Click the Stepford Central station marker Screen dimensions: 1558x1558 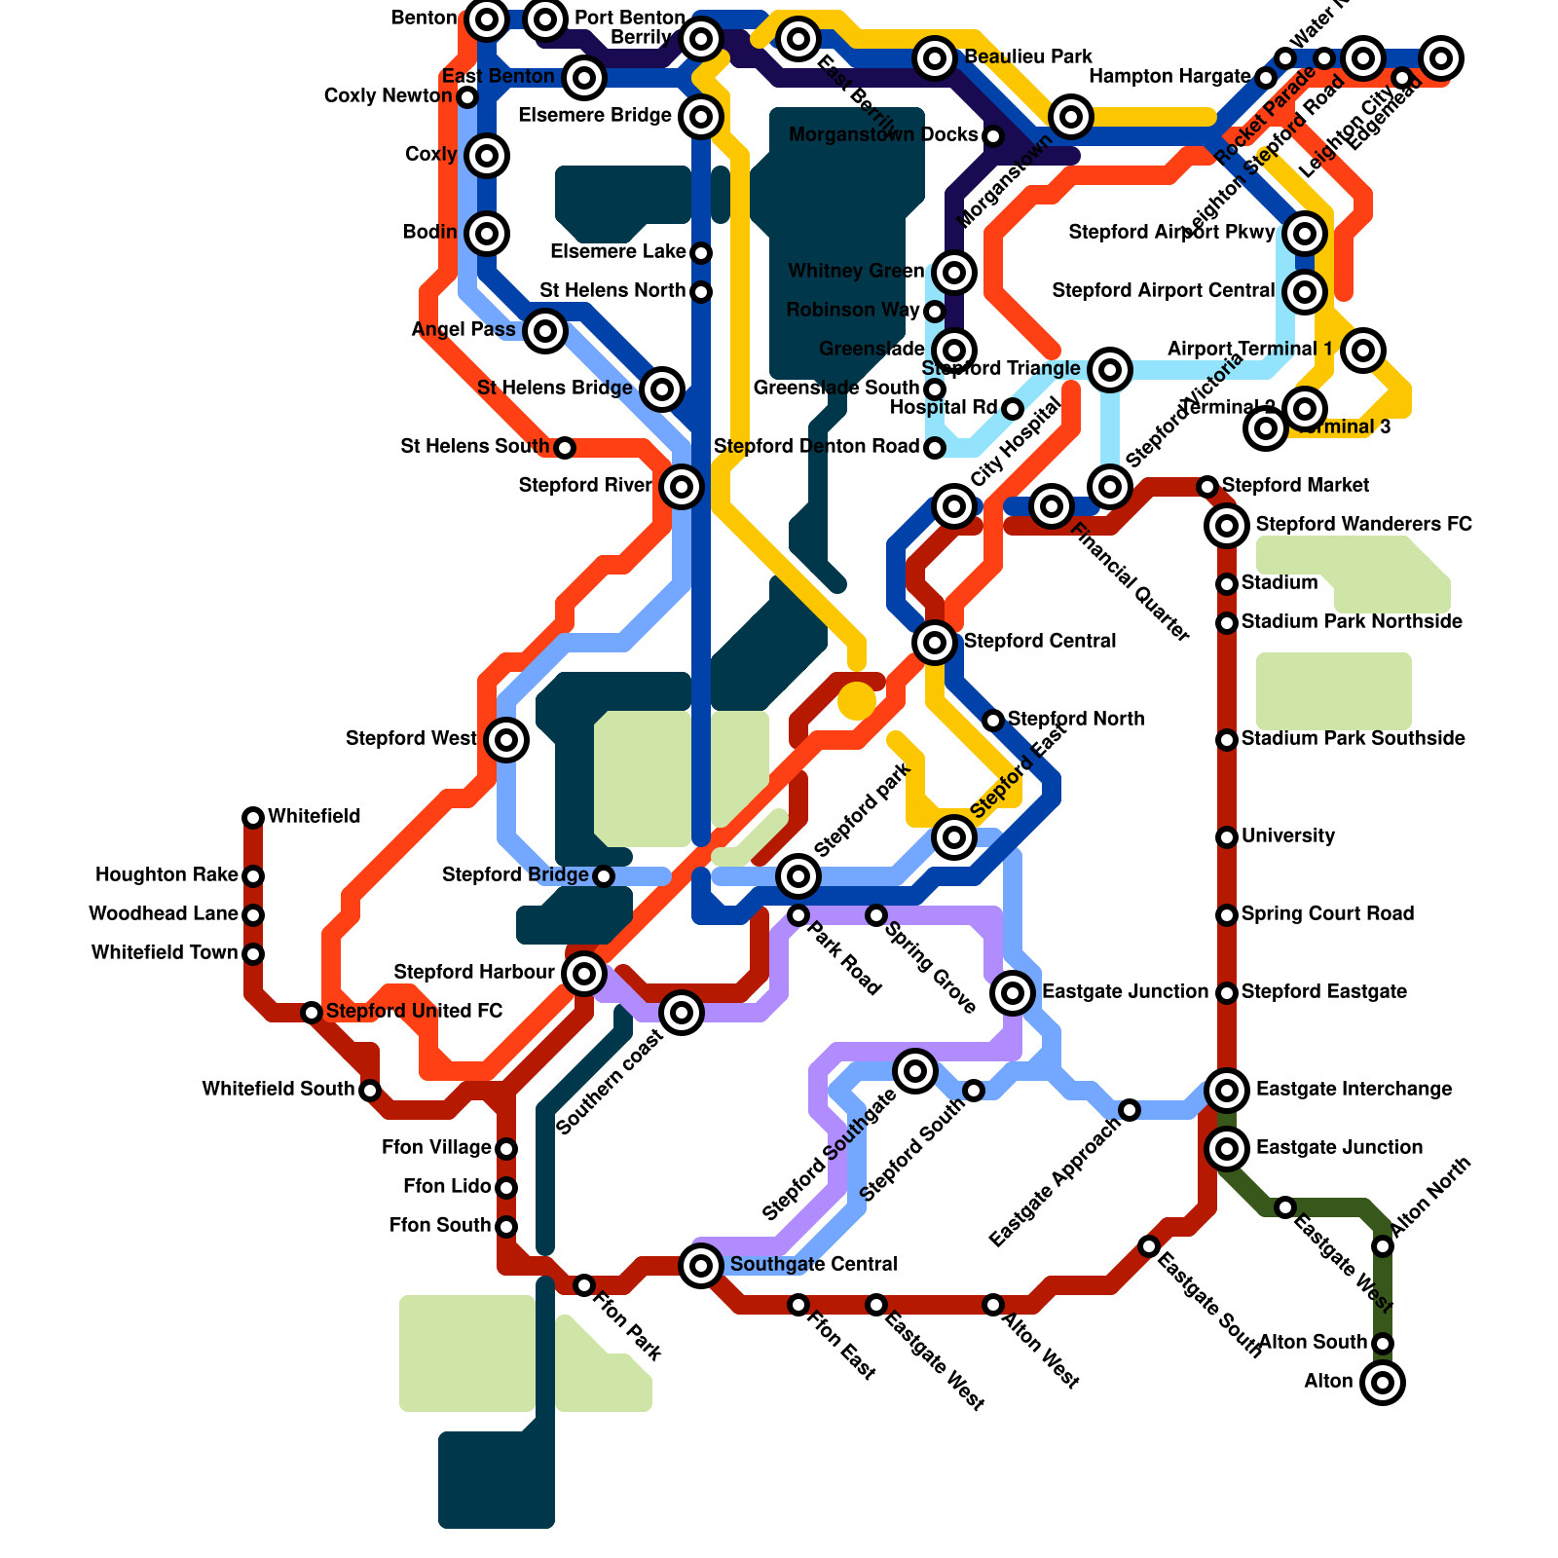935,642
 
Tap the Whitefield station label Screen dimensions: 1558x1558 314,816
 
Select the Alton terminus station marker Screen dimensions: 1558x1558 1383,1382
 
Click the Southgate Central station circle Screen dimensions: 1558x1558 701,1265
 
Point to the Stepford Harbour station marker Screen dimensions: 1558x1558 584,973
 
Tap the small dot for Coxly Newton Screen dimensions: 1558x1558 467,96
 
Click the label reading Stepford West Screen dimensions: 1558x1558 411,739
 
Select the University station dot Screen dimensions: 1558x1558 1227,836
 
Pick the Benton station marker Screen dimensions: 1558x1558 487,19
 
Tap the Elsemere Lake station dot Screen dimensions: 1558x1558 701,252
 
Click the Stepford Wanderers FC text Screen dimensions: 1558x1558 1363,524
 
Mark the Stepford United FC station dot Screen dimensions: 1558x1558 312,1012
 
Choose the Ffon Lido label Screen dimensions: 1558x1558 447,1186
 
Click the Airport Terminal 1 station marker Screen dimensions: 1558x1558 1363,350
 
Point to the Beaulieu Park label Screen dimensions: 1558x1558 1028,56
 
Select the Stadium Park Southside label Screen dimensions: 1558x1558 1353,738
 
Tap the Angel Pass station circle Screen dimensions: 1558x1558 545,330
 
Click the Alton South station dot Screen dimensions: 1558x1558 1383,1343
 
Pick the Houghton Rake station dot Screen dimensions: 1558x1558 253,875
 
